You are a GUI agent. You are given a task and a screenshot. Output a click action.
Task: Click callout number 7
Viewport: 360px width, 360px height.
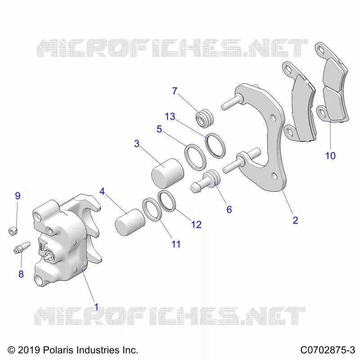(x=175, y=91)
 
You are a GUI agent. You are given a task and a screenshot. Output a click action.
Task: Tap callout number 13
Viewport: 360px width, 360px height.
(x=170, y=117)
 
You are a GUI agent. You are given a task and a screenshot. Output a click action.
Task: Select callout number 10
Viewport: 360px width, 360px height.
(x=330, y=156)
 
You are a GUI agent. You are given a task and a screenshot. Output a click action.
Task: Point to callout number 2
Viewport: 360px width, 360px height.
(x=295, y=220)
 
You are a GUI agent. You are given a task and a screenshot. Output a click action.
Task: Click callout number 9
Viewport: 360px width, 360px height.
(x=18, y=196)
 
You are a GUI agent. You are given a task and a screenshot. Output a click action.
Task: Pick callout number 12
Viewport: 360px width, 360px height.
(x=196, y=225)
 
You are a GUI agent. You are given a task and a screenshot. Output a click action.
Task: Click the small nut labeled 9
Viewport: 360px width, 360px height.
(x=13, y=231)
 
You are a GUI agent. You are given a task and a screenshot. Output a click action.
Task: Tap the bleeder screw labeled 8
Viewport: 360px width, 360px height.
(x=22, y=247)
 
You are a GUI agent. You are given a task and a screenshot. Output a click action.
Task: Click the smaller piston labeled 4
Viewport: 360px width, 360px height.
(x=130, y=222)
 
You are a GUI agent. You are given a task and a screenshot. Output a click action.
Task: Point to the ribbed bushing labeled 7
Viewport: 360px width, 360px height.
(x=205, y=118)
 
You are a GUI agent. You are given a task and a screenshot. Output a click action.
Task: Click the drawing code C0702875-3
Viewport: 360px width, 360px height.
(x=328, y=350)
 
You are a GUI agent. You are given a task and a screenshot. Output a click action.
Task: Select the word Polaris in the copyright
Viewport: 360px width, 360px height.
(x=58, y=350)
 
